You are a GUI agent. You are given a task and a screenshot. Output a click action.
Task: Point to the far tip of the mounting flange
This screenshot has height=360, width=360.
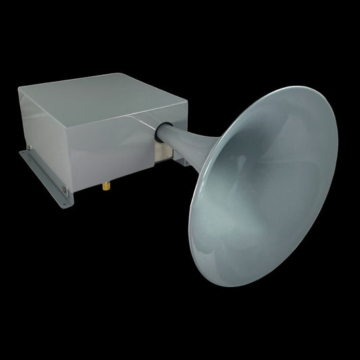(x=20, y=152)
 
